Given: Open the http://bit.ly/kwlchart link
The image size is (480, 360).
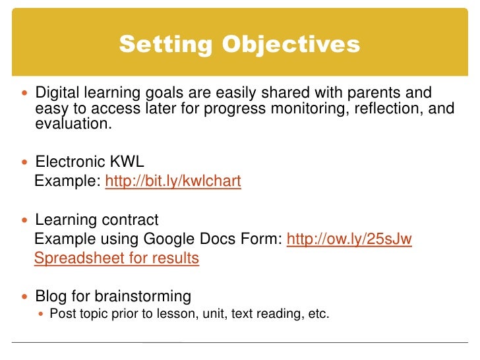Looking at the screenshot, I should point(173,181).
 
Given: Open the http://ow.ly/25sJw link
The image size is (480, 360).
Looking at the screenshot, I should point(349,239).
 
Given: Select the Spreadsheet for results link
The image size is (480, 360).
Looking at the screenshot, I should point(116,258).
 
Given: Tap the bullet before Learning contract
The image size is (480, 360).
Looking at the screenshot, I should point(26,220).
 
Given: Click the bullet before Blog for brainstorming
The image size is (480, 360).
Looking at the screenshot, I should point(26,297).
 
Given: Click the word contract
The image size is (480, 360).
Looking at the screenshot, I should point(131,220).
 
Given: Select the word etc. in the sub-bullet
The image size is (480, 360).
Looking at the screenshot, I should point(318,315).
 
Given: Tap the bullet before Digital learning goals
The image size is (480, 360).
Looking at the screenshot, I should point(26,93).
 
